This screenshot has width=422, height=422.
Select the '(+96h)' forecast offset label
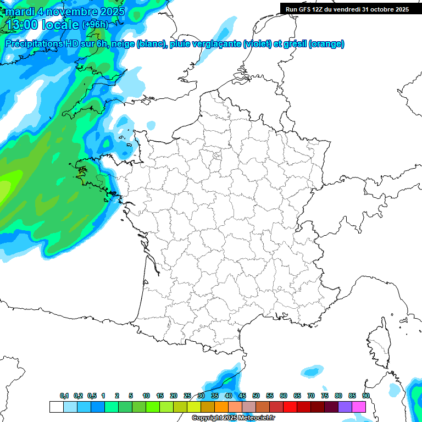pyautogui.click(x=95, y=24)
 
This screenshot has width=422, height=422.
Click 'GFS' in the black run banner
pyautogui.click(x=305, y=9)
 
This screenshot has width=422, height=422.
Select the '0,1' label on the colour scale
pyautogui.click(x=64, y=396)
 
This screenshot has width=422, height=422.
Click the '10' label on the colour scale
pyautogui.click(x=146, y=396)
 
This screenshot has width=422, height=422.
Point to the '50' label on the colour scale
pyautogui.click(x=256, y=396)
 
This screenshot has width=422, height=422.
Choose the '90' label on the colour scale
pyautogui.click(x=365, y=396)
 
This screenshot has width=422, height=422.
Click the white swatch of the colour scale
pyautogui.click(x=56, y=407)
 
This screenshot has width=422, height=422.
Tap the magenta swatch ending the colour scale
pyautogui.click(x=359, y=407)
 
